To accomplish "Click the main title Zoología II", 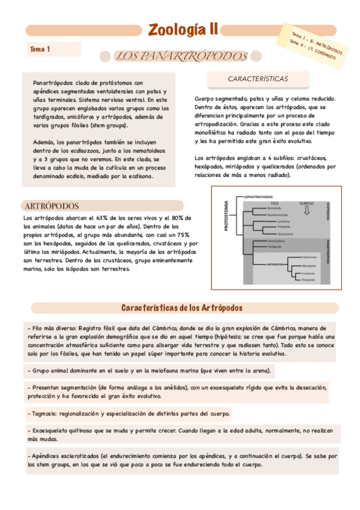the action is pyautogui.click(x=183, y=30).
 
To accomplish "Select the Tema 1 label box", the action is pyautogui.click(x=40, y=49).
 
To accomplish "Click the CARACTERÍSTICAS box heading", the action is pyautogui.click(x=258, y=79).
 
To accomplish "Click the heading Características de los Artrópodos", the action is pyautogui.click(x=182, y=307).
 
